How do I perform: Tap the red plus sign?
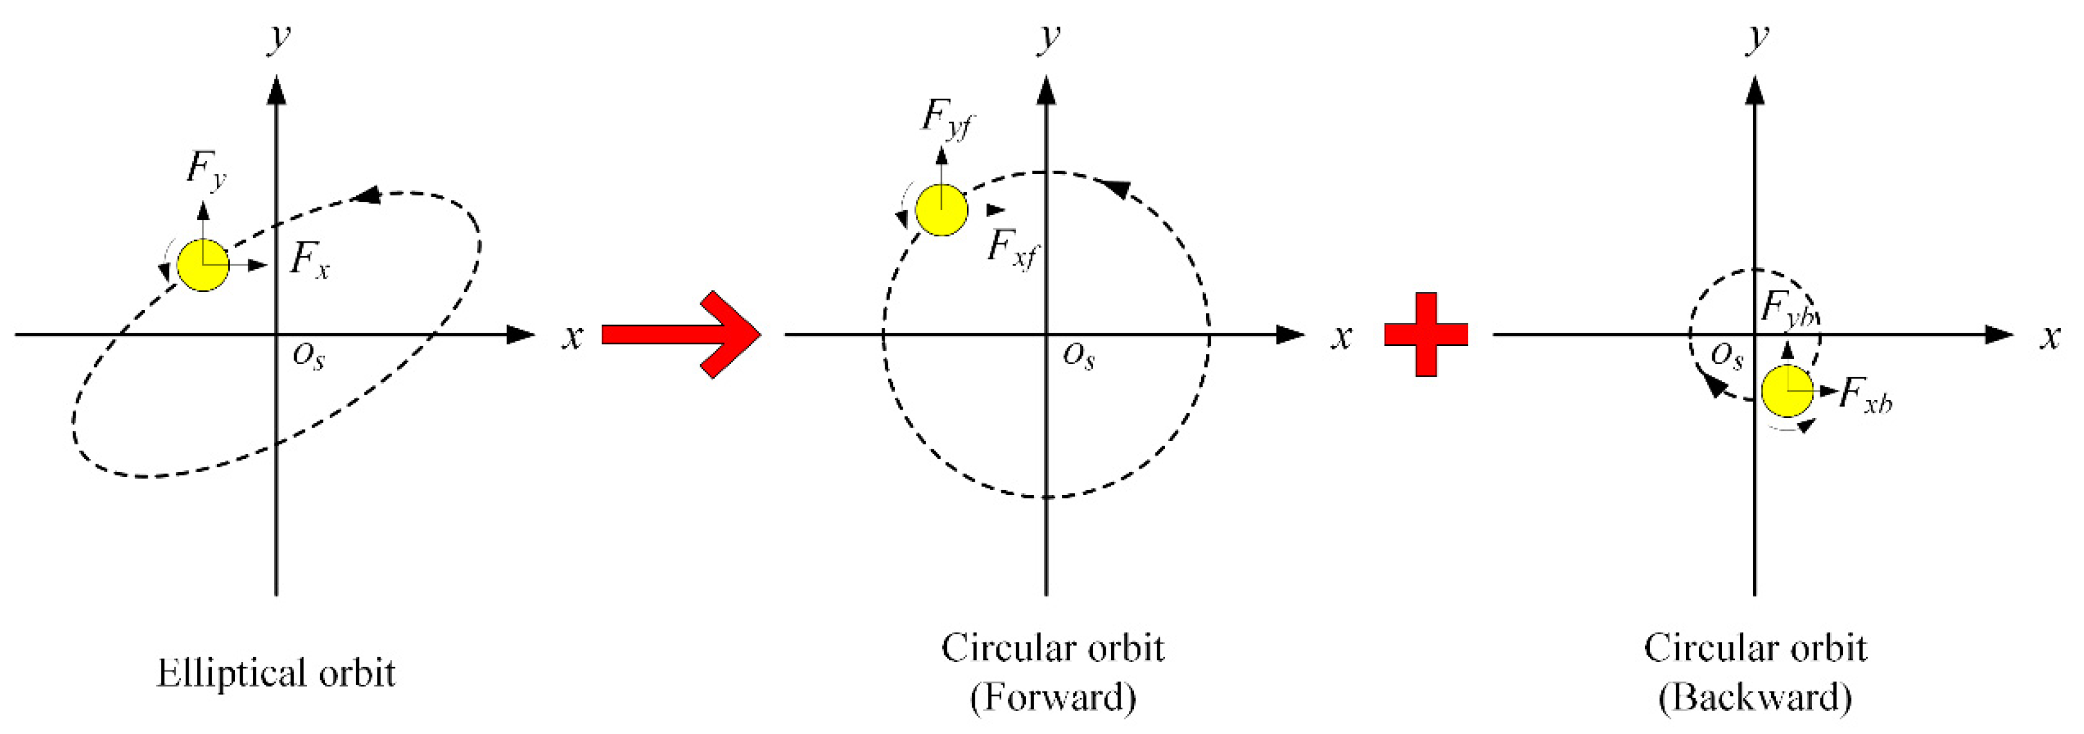[x=1426, y=334]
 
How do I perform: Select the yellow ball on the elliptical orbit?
[x=203, y=265]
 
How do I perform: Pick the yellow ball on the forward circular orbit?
[x=942, y=210]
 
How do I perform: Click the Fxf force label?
[x=1011, y=247]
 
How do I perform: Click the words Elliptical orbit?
[x=276, y=673]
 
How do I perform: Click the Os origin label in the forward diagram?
[x=1079, y=354]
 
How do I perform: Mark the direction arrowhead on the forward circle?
[x=1116, y=188]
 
